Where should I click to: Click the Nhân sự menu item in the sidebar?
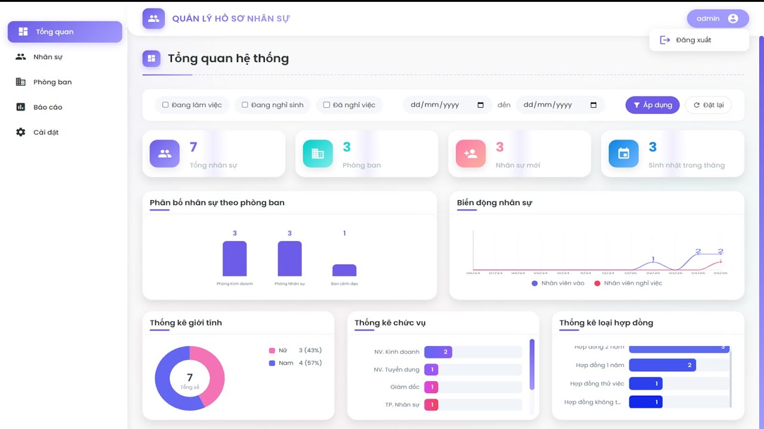coord(48,57)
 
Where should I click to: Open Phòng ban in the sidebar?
coord(52,82)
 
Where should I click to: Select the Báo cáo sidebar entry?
coord(47,107)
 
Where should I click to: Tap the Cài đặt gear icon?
coord(21,132)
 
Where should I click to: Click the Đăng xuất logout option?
coord(693,40)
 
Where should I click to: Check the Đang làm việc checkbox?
coord(165,105)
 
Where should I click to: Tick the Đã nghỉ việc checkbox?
coord(326,105)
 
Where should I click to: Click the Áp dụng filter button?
coord(652,105)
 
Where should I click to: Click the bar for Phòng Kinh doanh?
coord(235,259)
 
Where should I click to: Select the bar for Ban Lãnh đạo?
coord(344,271)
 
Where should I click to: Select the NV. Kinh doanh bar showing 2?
coord(438,352)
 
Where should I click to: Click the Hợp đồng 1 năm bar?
coord(662,365)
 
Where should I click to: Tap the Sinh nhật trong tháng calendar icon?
coord(624,154)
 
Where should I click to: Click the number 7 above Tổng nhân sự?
coord(193,147)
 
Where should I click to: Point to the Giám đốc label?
coord(405,387)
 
